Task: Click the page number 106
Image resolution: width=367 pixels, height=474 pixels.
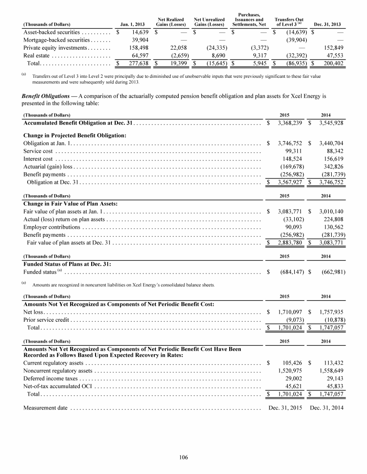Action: tap(183, 457)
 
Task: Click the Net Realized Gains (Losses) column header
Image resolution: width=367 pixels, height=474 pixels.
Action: tap(171, 21)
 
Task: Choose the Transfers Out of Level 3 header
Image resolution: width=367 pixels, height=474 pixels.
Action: tap(289, 21)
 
